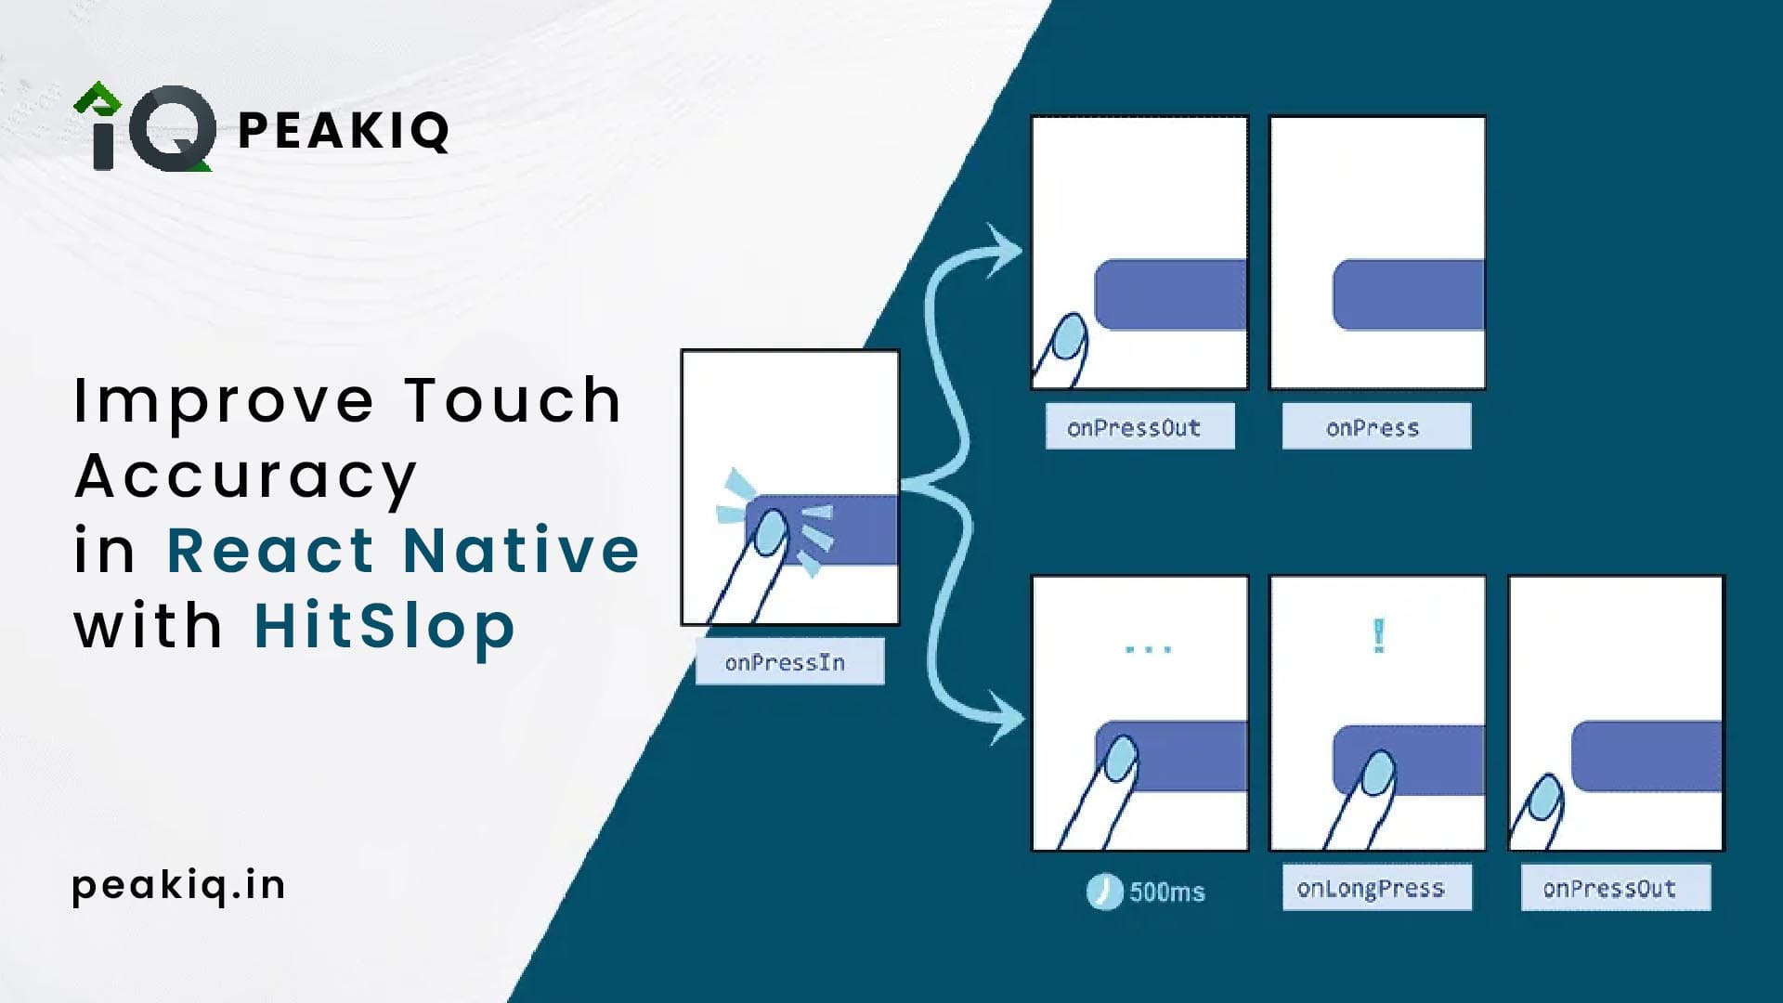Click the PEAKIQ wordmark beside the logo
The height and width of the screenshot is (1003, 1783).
pyautogui.click(x=344, y=130)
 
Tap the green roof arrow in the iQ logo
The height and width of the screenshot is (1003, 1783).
pyautogui.click(x=98, y=97)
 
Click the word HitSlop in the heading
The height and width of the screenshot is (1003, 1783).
pyautogui.click(x=384, y=625)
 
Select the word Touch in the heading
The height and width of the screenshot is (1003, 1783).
pyautogui.click(x=513, y=400)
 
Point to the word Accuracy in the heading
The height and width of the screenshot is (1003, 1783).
pyautogui.click(x=246, y=476)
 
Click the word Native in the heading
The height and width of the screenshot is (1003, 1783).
pyautogui.click(x=521, y=550)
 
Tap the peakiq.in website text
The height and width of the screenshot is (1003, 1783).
pyautogui.click(x=178, y=885)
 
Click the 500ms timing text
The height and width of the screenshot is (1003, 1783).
pyautogui.click(x=1166, y=892)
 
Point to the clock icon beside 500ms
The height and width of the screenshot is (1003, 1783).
pyautogui.click(x=1103, y=892)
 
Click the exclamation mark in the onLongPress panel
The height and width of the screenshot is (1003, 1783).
pyautogui.click(x=1378, y=636)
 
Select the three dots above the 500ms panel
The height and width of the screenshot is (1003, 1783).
pyautogui.click(x=1148, y=648)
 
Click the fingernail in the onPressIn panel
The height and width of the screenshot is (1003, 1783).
pyautogui.click(x=770, y=532)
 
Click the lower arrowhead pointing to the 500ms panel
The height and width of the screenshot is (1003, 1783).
pyautogui.click(x=1007, y=717)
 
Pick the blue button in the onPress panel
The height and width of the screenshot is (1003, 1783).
pyautogui.click(x=1408, y=295)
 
